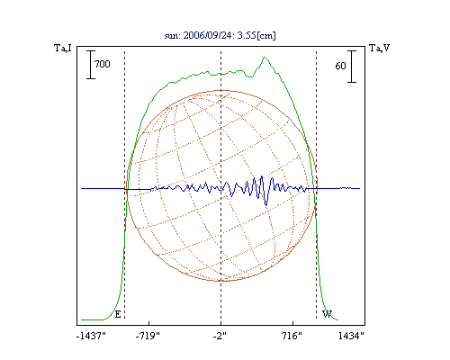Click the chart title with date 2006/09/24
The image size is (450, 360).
click(220, 35)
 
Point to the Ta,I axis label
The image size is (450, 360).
click(63, 48)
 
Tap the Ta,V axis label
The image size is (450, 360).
click(380, 48)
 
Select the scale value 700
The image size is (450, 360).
click(103, 64)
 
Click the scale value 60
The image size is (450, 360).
click(340, 66)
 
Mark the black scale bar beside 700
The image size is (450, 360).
click(91, 65)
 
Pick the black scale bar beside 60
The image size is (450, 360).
click(352, 67)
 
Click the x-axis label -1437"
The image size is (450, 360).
click(91, 336)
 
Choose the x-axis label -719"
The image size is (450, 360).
click(148, 336)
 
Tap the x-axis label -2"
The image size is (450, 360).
click(220, 336)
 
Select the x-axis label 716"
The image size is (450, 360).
click(292, 336)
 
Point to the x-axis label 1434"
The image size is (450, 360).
click(351, 336)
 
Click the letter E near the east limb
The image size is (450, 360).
click(118, 314)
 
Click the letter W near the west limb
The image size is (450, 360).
click(327, 314)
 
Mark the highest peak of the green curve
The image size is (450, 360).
click(265, 57)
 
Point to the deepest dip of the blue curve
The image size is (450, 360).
click(266, 205)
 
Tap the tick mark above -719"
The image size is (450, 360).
click(149, 323)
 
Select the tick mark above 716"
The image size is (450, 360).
click(292, 323)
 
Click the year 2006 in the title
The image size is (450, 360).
click(193, 35)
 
